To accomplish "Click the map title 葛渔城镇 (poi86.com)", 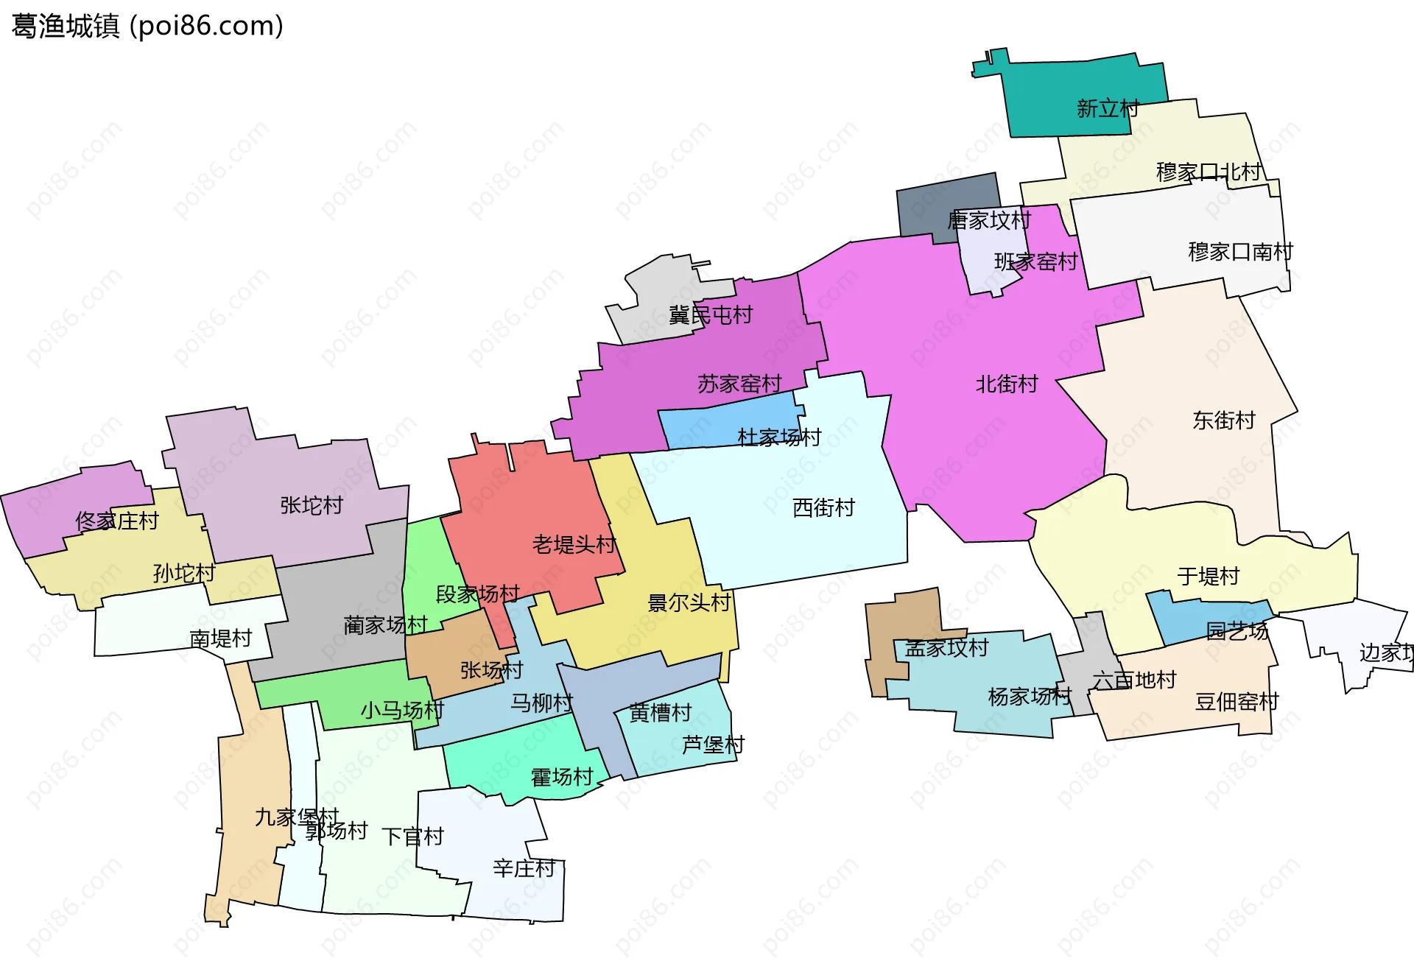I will pos(147,27).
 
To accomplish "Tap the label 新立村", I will pos(1108,109).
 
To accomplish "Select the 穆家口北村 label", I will pos(1209,172).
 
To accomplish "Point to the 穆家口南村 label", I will pos(1240,252).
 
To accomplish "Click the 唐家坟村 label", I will pos(989,220).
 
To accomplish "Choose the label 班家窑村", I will pos(1035,262).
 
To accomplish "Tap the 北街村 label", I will pos(1007,384).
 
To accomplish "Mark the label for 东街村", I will pos(1224,420).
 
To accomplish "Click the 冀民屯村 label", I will pos(711,316).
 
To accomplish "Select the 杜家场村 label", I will pos(779,437).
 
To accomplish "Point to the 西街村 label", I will pos(823,508).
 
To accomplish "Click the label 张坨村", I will pos(312,506).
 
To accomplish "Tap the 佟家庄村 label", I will pos(117,521).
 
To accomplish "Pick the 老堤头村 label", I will pos(574,545).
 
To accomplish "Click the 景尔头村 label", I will pos(689,603).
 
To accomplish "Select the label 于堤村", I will pos(1209,577).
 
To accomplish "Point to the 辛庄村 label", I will pos(524,869).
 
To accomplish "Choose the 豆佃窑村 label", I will pos(1237,702).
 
